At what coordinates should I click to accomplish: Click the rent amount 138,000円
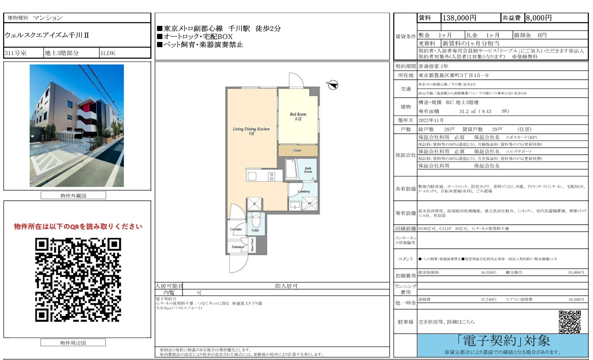click(459, 18)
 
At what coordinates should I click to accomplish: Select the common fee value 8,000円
click(538, 18)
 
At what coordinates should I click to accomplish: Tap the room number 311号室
click(16, 53)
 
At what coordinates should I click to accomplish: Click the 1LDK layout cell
click(108, 53)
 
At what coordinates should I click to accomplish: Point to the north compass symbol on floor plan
click(333, 85)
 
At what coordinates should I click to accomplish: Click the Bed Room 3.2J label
click(298, 116)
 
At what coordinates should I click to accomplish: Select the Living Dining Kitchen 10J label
click(251, 131)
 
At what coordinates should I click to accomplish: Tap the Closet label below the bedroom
click(297, 150)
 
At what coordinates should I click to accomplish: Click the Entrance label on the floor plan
click(238, 247)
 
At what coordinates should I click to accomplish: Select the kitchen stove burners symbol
click(271, 176)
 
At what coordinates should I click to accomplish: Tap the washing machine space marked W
click(309, 203)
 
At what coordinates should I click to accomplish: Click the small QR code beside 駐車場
click(570, 322)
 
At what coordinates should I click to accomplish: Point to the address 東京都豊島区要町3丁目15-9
click(453, 75)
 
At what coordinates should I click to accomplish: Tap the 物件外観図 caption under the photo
click(73, 196)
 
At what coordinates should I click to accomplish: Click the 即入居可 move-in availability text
click(286, 286)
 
